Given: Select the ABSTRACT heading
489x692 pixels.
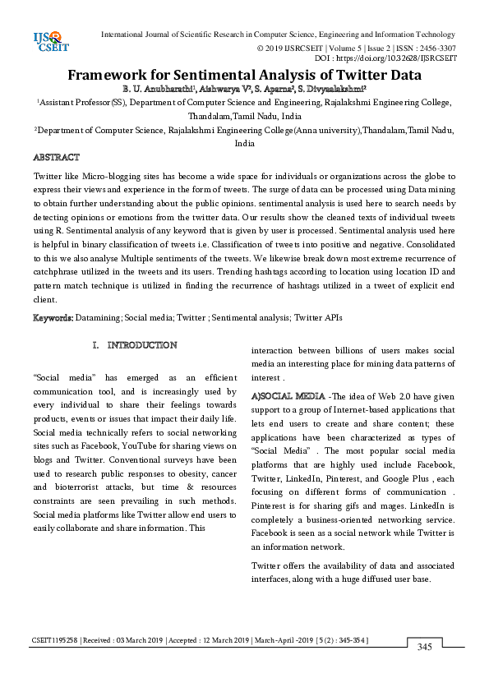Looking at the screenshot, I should point(56,157).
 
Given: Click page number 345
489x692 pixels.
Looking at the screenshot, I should point(424,647).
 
